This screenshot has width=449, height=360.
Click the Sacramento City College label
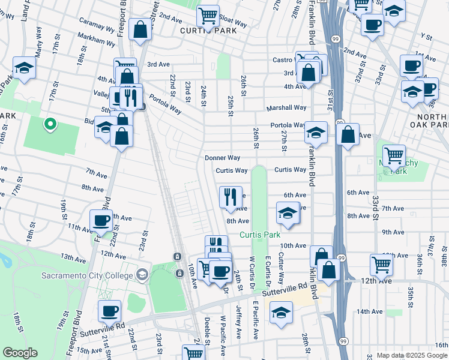[x=88, y=276]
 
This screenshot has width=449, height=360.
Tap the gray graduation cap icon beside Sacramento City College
[x=142, y=275]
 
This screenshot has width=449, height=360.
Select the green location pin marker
[x=50, y=124]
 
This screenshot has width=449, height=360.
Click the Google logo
[x=20, y=353]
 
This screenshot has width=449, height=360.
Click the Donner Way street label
[x=222, y=158]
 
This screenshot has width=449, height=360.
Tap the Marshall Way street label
[x=286, y=108]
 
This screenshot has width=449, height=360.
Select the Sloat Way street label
[x=233, y=23]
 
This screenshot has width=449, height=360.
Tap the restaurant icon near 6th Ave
[x=231, y=196]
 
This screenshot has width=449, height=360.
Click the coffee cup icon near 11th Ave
[x=100, y=220]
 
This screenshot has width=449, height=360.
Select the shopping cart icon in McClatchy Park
[x=394, y=156]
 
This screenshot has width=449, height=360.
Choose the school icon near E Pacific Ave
[x=280, y=313]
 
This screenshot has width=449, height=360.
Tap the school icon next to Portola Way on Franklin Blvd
[x=316, y=132]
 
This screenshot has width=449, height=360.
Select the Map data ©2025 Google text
[x=412, y=355]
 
